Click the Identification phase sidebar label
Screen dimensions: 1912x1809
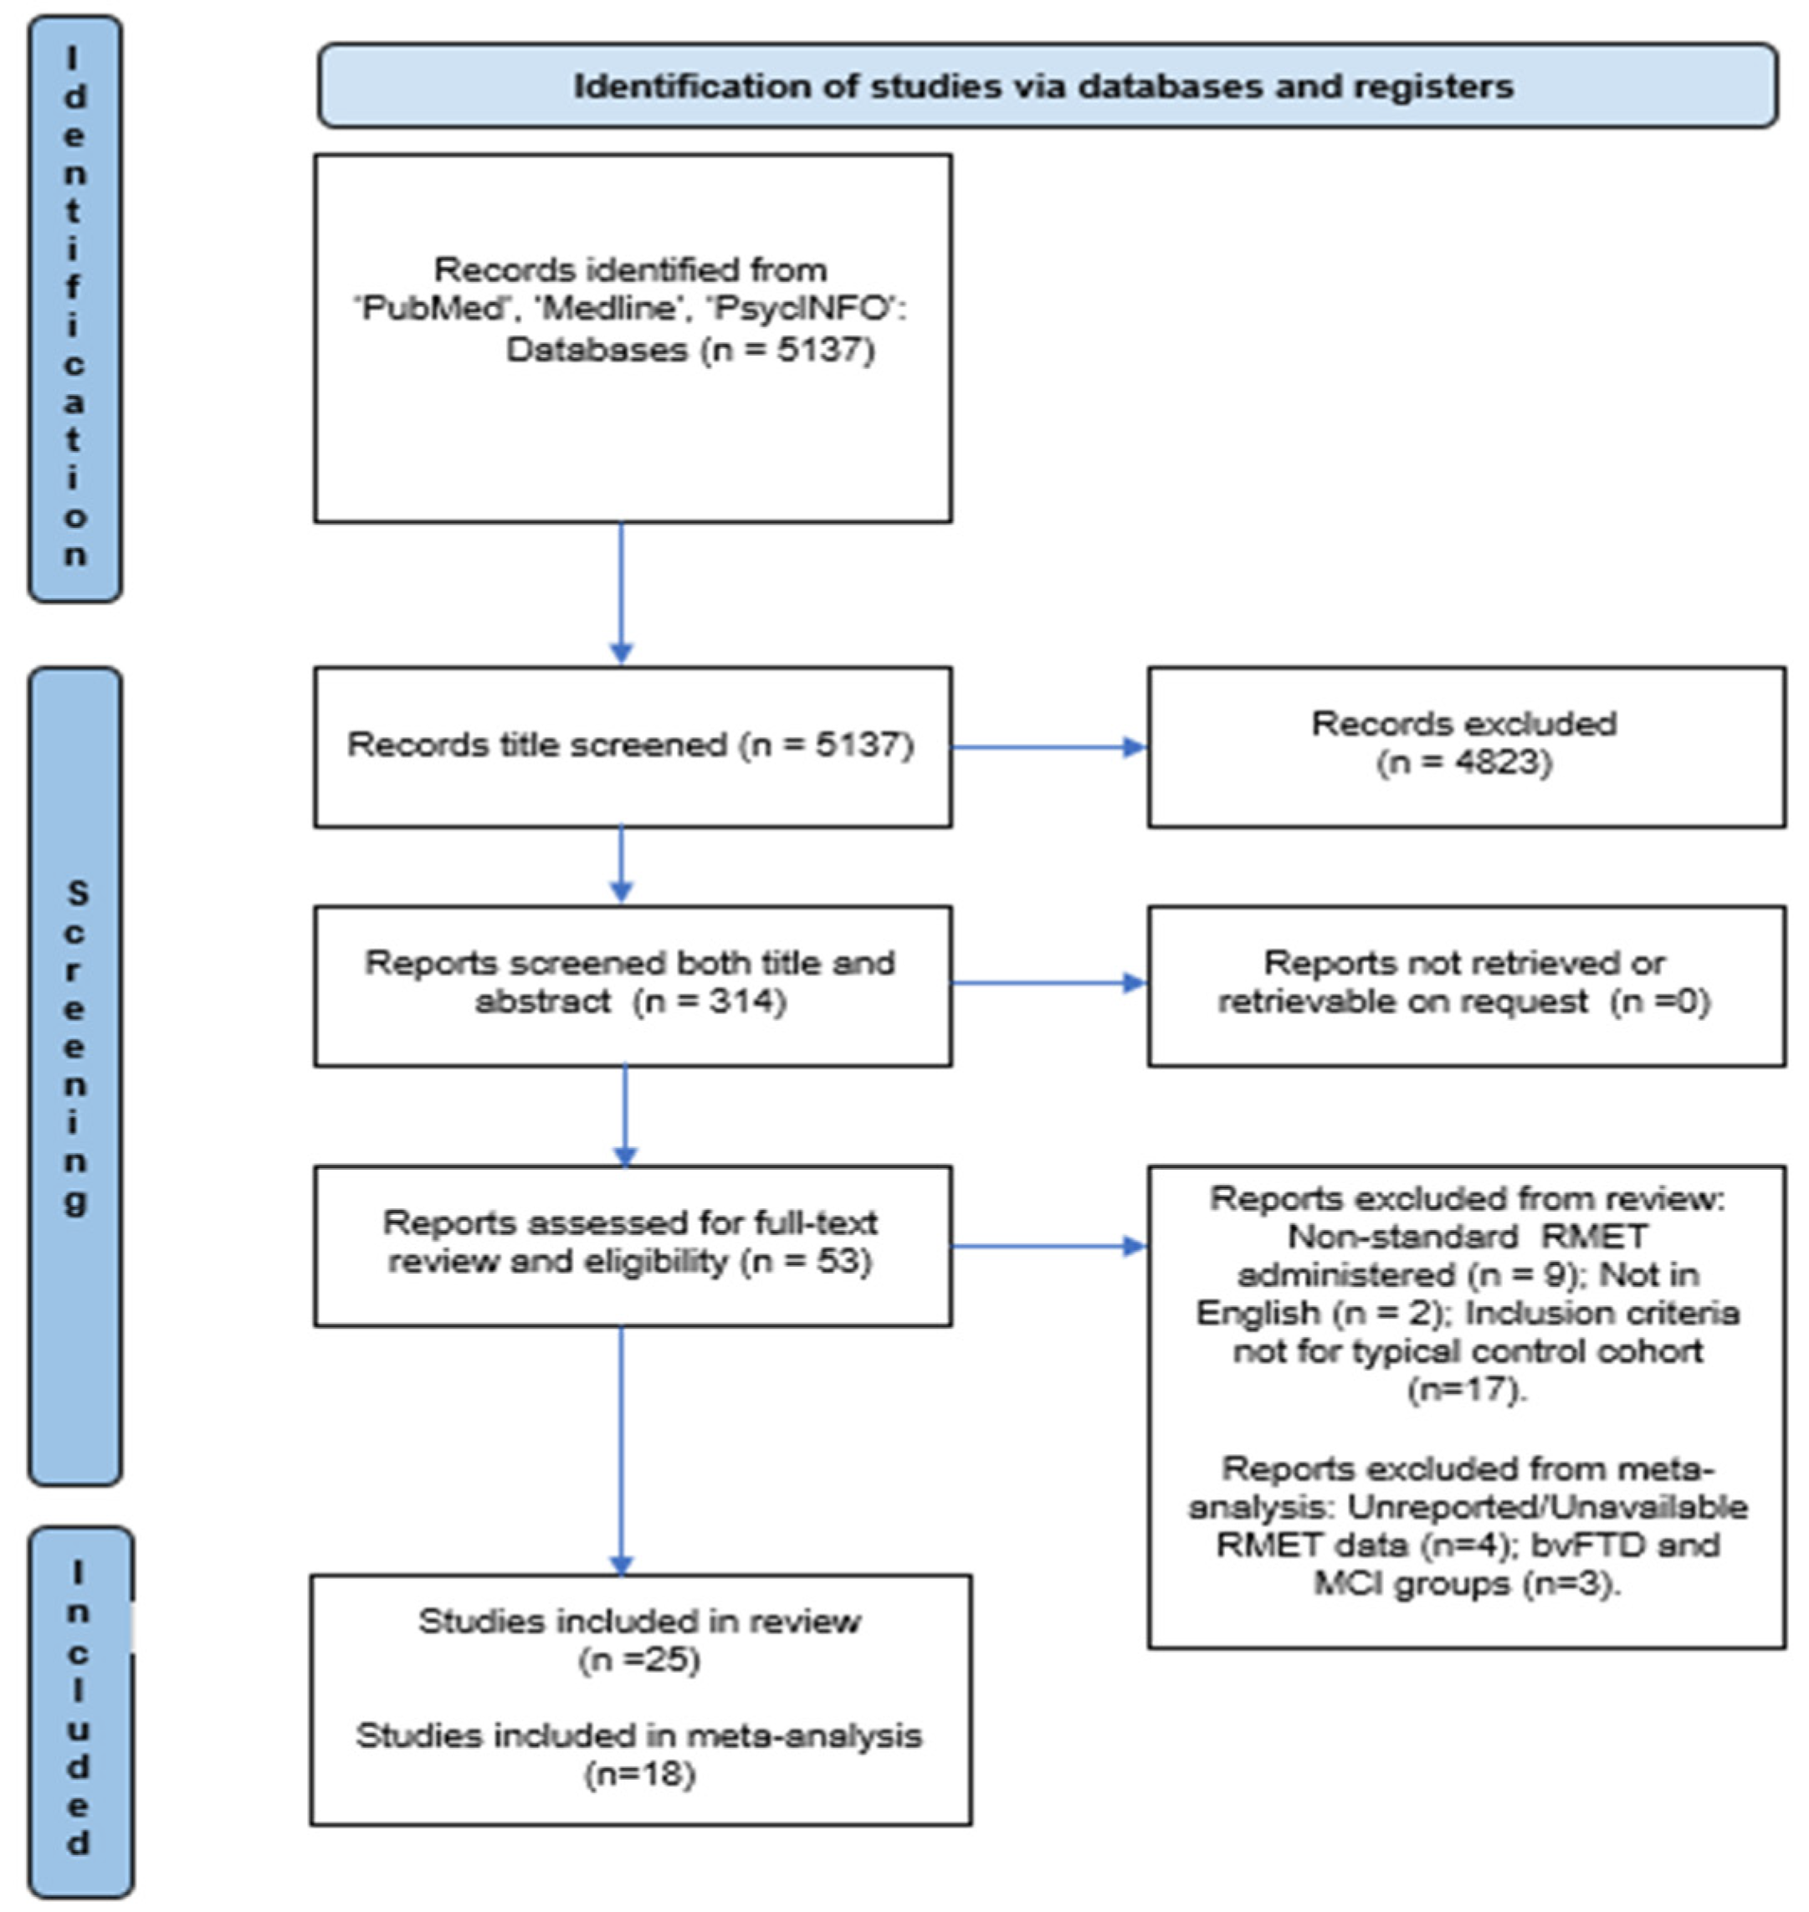[75, 309]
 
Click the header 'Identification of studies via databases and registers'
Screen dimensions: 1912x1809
[1046, 87]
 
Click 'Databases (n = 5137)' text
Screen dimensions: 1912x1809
[690, 349]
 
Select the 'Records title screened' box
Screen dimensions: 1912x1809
[632, 746]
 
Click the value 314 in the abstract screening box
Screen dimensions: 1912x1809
[741, 1002]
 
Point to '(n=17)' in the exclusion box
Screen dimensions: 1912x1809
[1467, 1389]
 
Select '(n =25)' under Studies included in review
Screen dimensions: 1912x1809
[639, 1660]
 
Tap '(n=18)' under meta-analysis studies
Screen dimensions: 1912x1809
[639, 1774]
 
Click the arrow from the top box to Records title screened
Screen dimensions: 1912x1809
[621, 593]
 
